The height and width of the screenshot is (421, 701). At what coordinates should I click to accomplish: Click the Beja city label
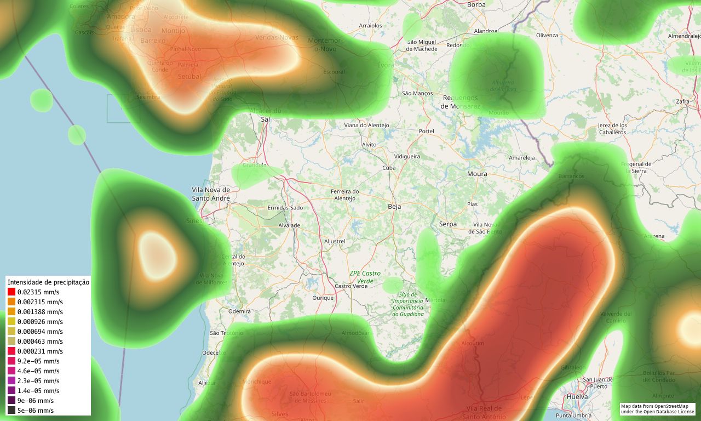click(394, 207)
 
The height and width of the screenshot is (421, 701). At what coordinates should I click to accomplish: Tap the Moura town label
click(476, 174)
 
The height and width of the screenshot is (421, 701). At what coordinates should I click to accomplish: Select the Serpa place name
click(447, 224)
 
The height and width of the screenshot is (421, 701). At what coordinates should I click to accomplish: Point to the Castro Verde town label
click(351, 286)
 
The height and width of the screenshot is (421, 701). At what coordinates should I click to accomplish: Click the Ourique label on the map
click(323, 298)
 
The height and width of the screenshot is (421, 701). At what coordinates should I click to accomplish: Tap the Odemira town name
click(239, 311)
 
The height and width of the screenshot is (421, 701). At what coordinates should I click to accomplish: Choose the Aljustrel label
click(334, 241)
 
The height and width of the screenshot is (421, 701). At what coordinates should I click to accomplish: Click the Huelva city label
click(577, 396)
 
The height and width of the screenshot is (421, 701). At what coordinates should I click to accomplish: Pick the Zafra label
click(682, 102)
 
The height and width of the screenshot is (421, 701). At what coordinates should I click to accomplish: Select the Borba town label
click(476, 5)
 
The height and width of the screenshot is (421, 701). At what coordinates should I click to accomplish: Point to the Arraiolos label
click(370, 26)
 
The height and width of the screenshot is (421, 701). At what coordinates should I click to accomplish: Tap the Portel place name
click(426, 132)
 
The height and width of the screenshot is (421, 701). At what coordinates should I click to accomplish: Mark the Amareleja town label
click(521, 158)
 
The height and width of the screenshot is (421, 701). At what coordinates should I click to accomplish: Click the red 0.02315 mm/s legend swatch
click(12, 292)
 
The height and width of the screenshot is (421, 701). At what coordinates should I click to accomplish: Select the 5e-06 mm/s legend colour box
click(12, 411)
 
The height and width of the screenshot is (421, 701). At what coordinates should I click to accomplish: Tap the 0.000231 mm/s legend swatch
click(12, 351)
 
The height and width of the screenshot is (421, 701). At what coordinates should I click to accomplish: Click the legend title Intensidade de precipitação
click(48, 282)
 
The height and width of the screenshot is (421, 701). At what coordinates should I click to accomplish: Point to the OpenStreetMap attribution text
click(657, 409)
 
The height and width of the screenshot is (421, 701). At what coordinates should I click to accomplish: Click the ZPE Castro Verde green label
click(365, 277)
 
